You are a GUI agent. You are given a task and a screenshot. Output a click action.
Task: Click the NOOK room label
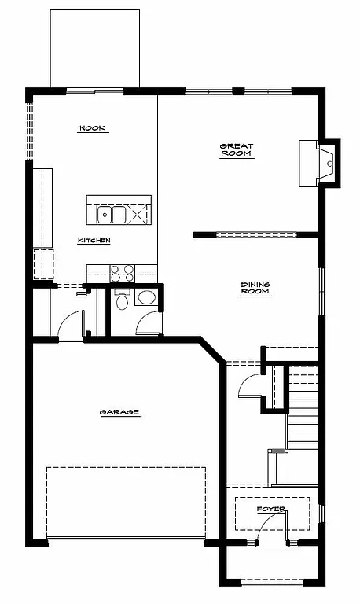93,127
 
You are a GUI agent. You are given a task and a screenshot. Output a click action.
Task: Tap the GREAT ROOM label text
236,149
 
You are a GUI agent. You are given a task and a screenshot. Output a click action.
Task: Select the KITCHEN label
94,241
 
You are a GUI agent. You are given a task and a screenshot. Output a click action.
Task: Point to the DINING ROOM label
255,288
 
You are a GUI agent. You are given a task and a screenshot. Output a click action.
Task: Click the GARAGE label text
119,412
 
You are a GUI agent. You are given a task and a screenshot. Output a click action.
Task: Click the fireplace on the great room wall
319,163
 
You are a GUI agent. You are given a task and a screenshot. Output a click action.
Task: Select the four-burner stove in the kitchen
122,273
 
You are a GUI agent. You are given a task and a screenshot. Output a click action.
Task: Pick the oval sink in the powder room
146,298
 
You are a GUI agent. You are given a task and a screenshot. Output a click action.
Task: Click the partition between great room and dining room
255,234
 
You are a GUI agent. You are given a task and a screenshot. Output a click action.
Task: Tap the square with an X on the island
139,214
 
